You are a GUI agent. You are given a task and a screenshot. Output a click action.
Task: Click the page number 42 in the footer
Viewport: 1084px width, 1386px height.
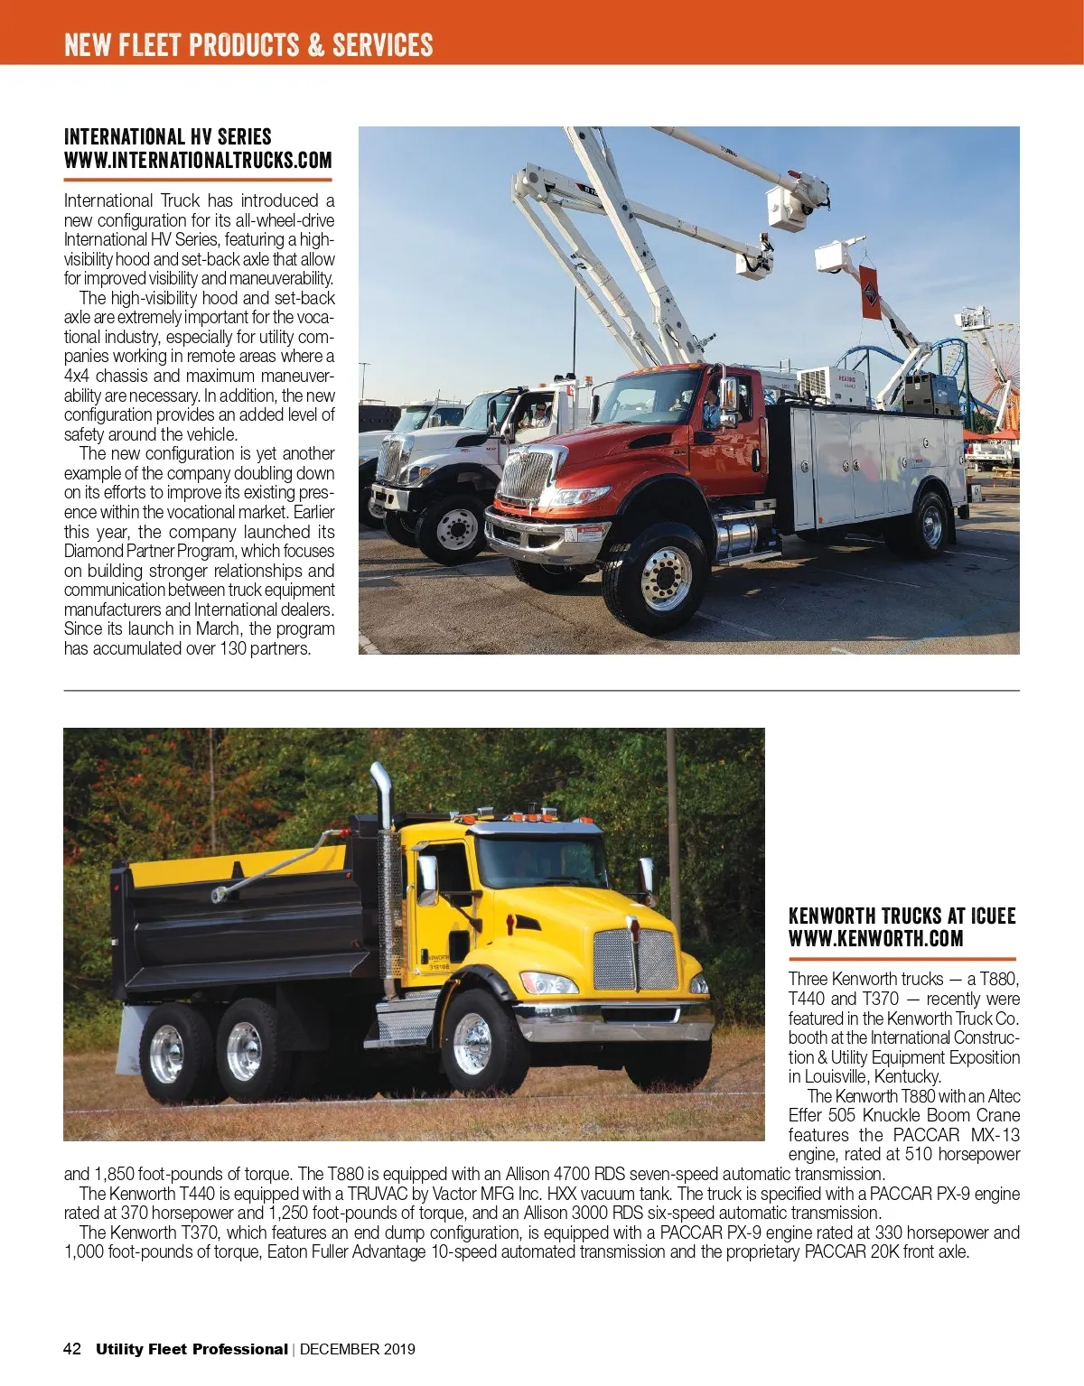72,1349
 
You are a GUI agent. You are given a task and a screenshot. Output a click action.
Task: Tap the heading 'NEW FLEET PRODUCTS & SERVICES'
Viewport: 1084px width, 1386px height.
248,45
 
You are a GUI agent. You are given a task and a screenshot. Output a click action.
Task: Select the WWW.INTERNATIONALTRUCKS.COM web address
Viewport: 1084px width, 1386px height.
198,161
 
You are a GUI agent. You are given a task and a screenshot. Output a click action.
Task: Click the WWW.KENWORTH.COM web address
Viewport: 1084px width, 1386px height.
875,939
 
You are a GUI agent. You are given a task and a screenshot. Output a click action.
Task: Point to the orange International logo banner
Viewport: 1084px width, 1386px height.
871,291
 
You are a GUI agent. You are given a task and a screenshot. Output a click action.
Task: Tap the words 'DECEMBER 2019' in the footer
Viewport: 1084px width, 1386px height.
358,1349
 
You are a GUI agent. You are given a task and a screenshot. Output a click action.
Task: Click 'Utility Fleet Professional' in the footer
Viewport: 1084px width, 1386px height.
192,1349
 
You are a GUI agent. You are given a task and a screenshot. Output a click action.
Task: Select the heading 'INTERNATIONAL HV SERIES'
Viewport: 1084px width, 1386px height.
167,137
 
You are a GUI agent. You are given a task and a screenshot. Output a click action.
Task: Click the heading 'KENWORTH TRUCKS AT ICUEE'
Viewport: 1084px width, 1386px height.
902,916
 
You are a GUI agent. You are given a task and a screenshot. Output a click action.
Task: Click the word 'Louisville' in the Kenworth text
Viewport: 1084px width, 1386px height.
836,1076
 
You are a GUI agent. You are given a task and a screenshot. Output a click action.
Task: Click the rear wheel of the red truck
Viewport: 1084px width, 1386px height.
931,523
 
